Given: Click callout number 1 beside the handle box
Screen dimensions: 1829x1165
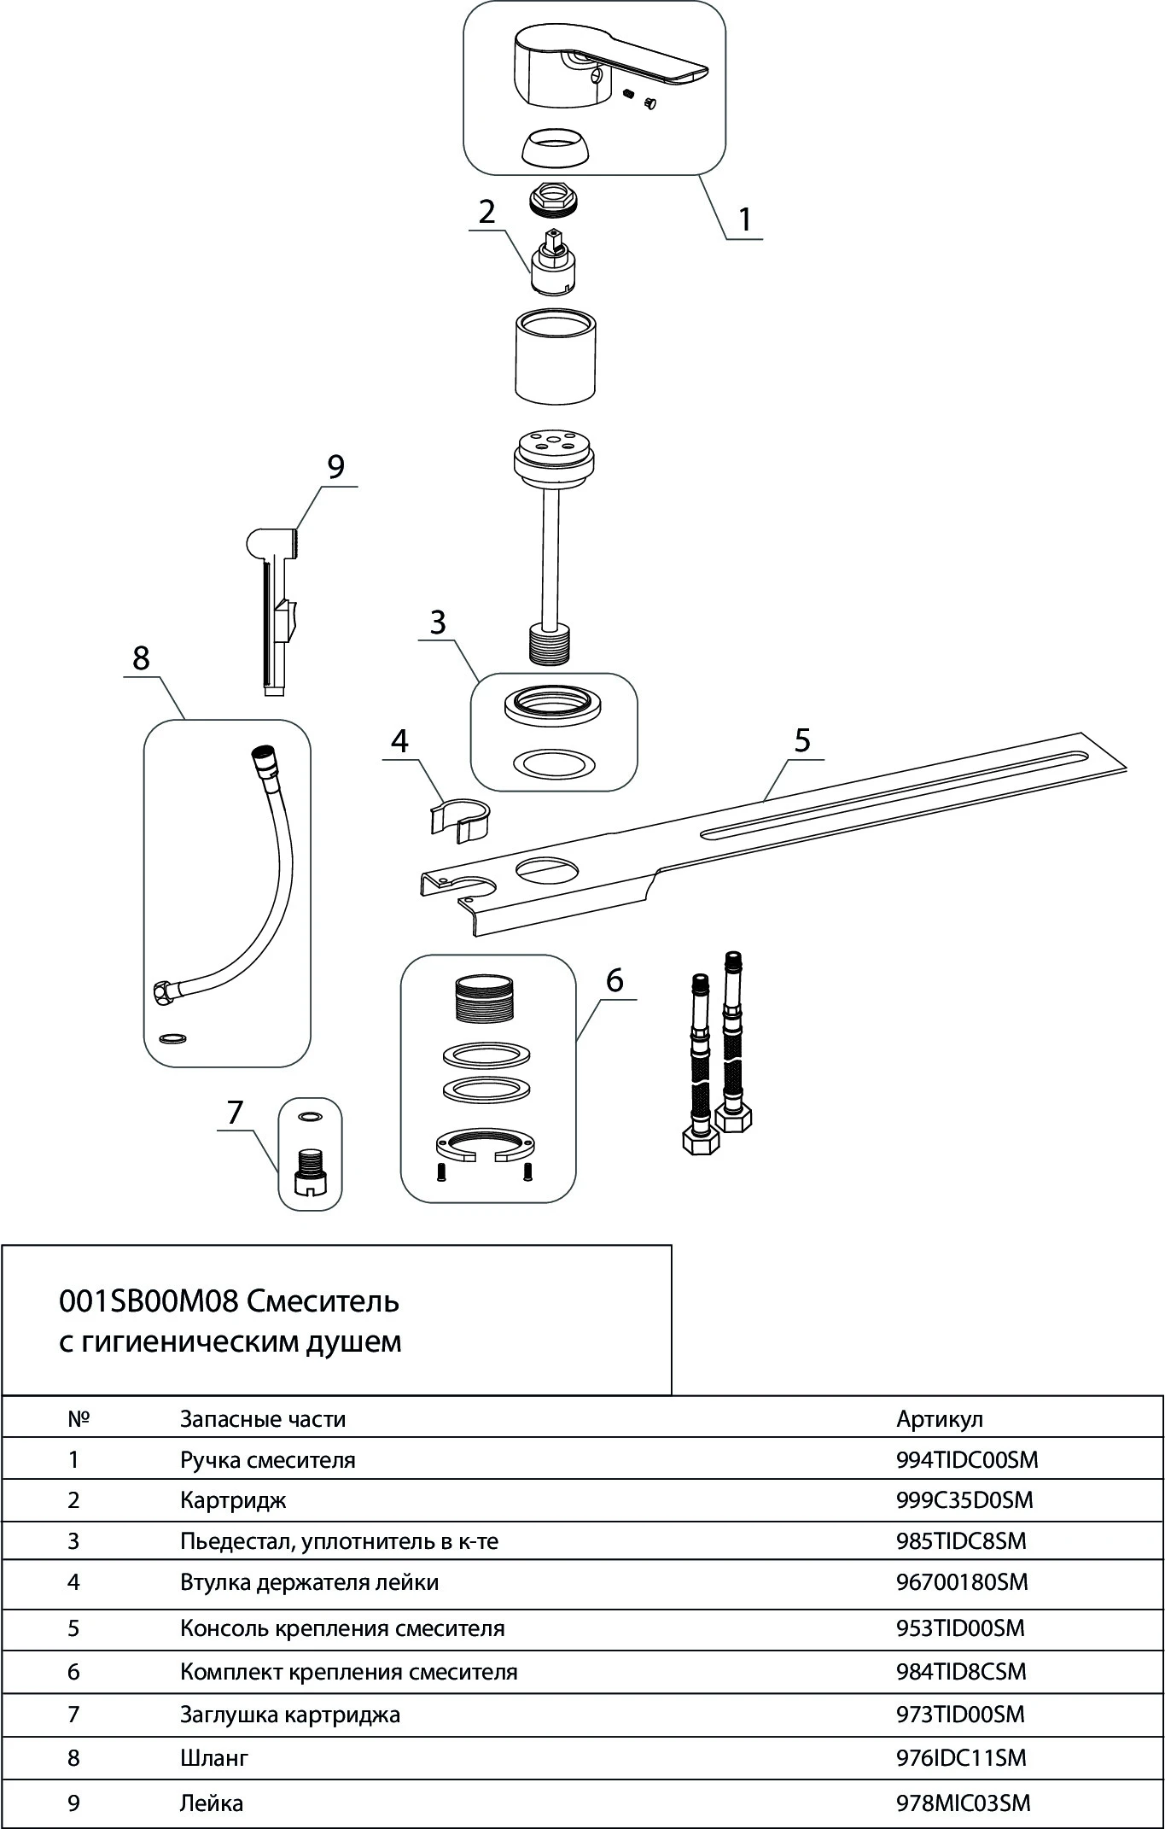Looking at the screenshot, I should pos(745,219).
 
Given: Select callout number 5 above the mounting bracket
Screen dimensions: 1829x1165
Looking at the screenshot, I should pos(802,739).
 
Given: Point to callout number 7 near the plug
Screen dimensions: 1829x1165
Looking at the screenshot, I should pos(235,1112).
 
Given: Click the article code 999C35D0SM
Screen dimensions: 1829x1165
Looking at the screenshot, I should pos(964,1500).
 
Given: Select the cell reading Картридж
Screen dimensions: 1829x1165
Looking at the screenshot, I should pos(233,1500).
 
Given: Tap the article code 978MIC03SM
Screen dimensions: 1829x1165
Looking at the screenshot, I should pos(964,1803).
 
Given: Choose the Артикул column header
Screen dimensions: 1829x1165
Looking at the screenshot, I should pos(940,1419).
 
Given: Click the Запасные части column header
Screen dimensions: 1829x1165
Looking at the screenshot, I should pos(263,1419).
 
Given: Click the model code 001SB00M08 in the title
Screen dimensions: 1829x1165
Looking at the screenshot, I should pos(149,1301).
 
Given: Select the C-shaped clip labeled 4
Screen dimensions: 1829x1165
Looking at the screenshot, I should pos(458,818).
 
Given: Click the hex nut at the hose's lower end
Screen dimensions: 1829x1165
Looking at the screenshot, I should pos(160,993).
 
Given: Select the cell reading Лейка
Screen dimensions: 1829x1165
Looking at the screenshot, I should pos(212,1803).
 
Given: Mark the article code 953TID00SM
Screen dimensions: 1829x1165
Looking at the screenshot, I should pos(960,1627).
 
